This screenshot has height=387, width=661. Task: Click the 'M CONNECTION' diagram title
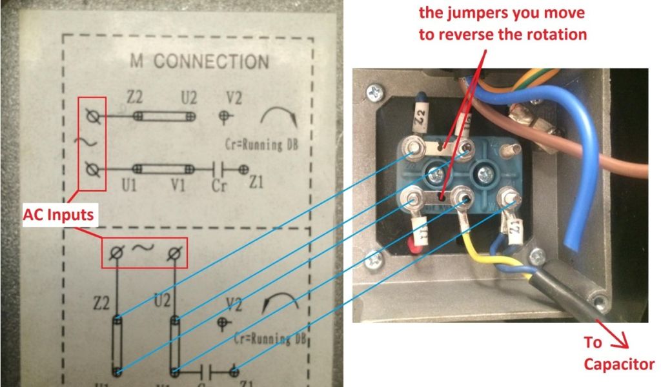[x=199, y=63]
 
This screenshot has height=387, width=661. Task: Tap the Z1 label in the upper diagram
[x=256, y=186]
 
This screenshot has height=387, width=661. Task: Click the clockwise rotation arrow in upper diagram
[x=280, y=116]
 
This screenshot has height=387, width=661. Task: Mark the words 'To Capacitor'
[x=618, y=353]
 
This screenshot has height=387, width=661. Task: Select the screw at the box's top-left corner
[x=375, y=92]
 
